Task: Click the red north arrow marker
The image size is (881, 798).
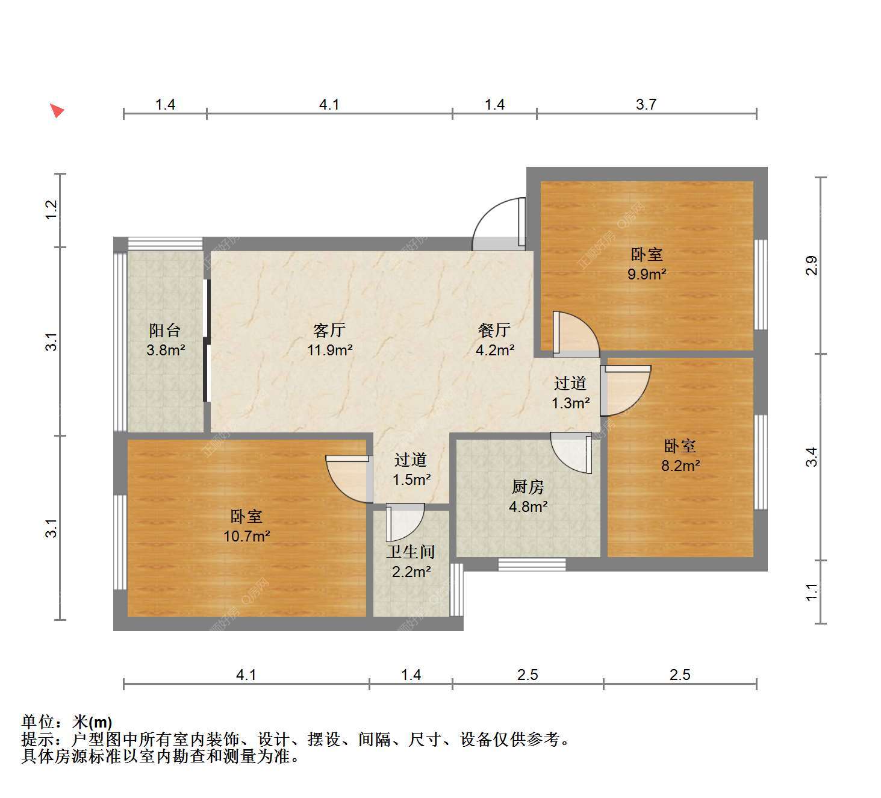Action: (x=58, y=110)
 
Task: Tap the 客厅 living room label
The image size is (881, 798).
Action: (x=329, y=330)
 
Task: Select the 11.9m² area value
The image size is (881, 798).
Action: (x=330, y=351)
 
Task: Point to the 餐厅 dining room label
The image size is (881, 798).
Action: (x=494, y=330)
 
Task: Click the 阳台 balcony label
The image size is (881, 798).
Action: (x=164, y=330)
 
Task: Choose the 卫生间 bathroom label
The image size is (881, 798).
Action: (x=411, y=552)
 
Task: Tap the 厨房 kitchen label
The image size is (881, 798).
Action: (x=528, y=487)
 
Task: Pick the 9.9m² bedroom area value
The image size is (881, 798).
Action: (x=647, y=274)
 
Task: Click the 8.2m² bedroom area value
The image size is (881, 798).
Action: (x=680, y=466)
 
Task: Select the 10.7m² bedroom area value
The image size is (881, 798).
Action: (x=247, y=536)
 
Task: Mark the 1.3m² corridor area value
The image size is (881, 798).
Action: (x=570, y=403)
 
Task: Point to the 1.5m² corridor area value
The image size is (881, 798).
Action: (x=411, y=479)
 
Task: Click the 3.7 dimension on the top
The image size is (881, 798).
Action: (x=646, y=105)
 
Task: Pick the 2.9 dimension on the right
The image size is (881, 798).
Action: (x=812, y=266)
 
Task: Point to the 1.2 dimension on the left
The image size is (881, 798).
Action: (x=51, y=210)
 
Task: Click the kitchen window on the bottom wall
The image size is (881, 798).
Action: (x=532, y=564)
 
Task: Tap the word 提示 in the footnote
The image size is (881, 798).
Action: (x=37, y=740)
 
